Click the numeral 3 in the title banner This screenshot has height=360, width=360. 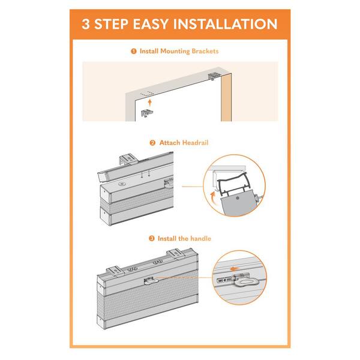tap(85, 24)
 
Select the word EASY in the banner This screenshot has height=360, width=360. tap(151, 24)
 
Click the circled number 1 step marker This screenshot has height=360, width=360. tap(134, 51)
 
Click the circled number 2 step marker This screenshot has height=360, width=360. tap(152, 143)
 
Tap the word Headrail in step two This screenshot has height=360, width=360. tap(196, 143)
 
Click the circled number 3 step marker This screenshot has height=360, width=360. tap(152, 239)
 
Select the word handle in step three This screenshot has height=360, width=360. tap(200, 239)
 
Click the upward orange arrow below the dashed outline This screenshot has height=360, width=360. tap(150, 103)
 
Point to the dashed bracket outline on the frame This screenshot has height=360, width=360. tap(147, 94)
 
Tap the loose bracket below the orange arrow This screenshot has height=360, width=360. tap(147, 113)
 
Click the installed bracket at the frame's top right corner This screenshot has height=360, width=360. tap(214, 76)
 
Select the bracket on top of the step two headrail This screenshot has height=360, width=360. tap(129, 160)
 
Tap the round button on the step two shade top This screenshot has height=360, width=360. tap(122, 184)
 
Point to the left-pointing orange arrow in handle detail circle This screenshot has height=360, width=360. tap(235, 269)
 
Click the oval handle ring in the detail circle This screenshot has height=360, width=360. tap(245, 281)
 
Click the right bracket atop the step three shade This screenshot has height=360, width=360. tap(176, 254)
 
